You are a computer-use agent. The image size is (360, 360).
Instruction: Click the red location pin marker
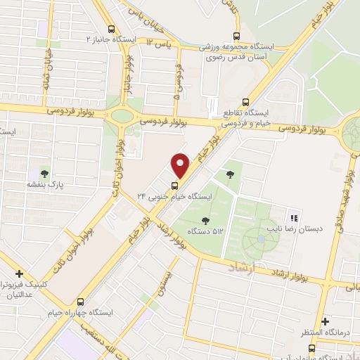click(181, 166)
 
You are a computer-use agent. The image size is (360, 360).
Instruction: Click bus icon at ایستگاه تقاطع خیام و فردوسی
click(245, 101)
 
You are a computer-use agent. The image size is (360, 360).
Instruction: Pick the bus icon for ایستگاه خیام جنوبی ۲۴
click(174, 186)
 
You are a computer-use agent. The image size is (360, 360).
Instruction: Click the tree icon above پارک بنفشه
click(44, 172)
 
